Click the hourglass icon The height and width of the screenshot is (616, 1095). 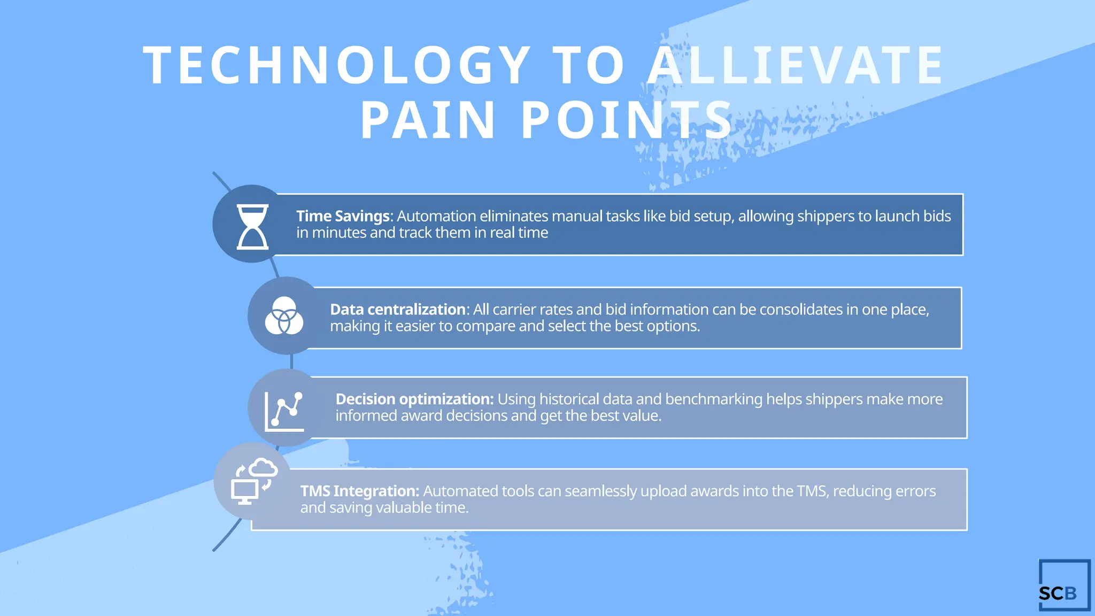point(252,226)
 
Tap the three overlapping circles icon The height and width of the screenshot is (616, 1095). point(284,315)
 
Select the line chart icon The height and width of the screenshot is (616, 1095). point(284,411)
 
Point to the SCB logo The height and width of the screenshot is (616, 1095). point(1063,586)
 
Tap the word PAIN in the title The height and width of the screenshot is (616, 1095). point(428,120)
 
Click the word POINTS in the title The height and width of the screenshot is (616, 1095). point(627,120)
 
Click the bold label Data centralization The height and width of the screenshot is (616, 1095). point(398,310)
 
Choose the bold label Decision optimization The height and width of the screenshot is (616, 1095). point(414,399)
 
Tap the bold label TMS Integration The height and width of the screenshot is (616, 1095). point(359,491)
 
